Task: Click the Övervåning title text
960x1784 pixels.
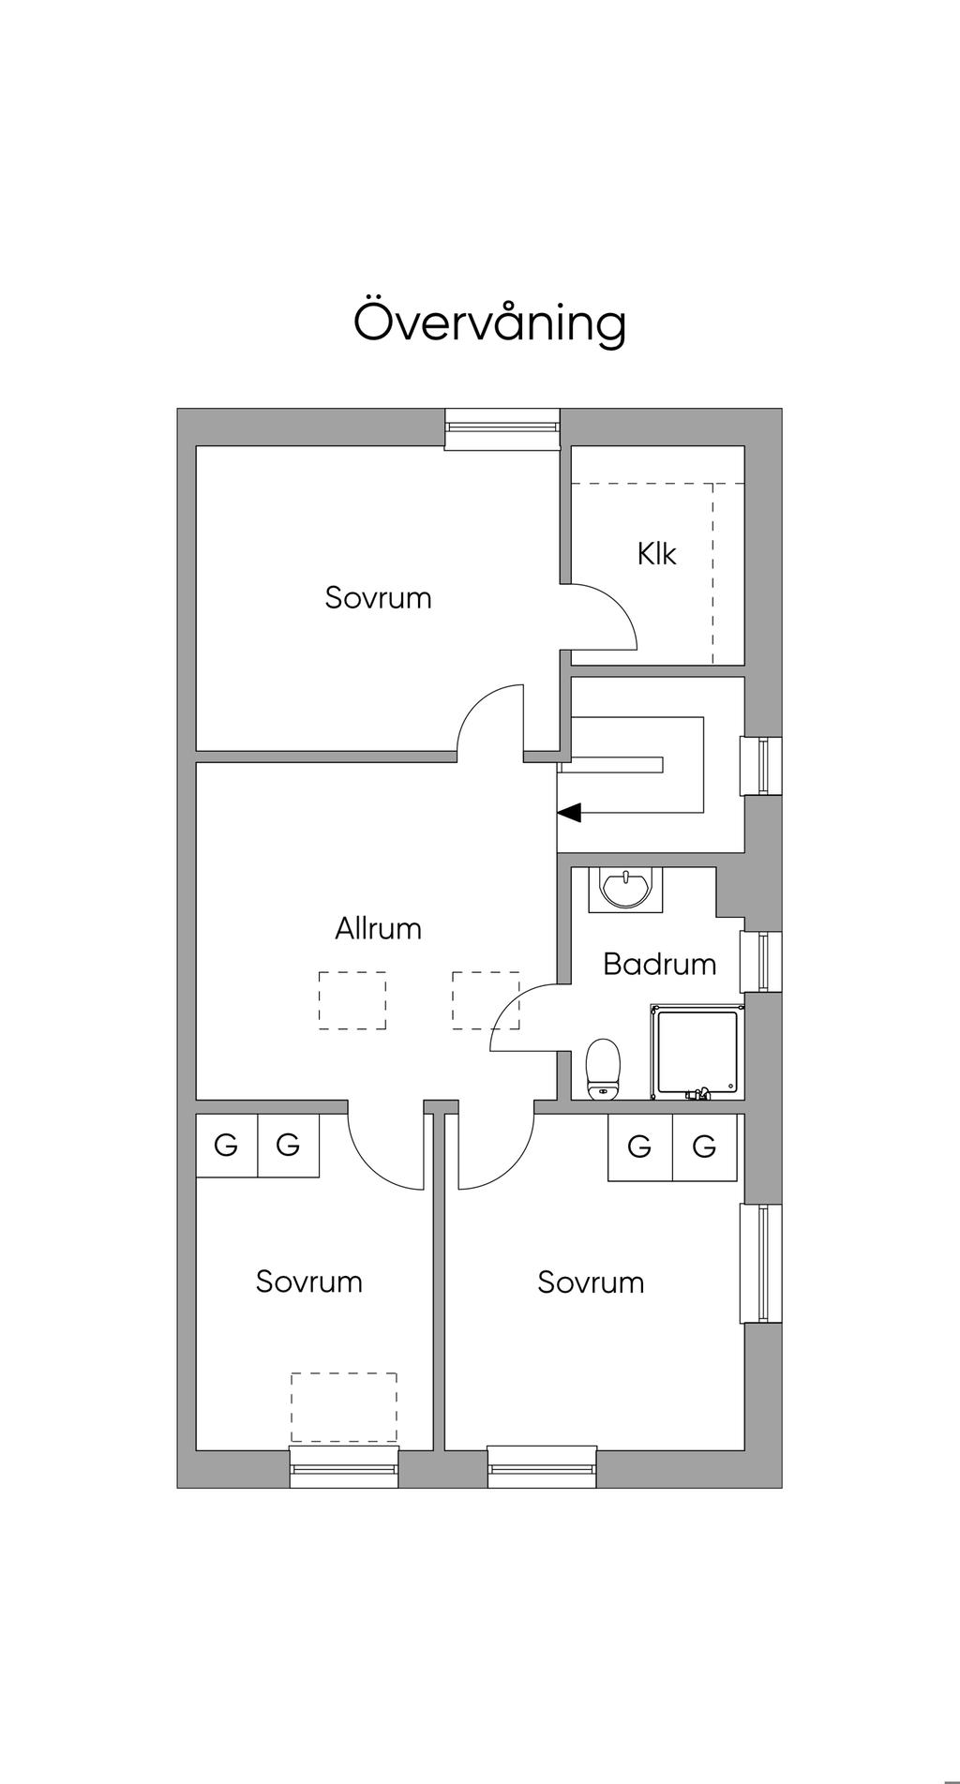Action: click(x=489, y=322)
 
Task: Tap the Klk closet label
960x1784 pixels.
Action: click(x=656, y=554)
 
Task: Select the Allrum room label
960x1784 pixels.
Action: click(x=379, y=929)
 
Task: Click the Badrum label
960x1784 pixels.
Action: click(x=659, y=964)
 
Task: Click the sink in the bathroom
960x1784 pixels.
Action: click(x=623, y=888)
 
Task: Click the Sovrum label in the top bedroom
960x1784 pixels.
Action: click(x=378, y=597)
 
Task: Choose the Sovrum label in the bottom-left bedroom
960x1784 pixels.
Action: click(x=308, y=1282)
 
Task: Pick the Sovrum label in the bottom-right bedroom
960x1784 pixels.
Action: click(x=591, y=1282)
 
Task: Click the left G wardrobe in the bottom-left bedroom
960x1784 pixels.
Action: click(x=226, y=1145)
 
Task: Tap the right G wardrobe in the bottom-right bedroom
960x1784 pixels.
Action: click(x=704, y=1146)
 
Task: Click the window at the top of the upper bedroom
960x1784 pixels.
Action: click(x=502, y=427)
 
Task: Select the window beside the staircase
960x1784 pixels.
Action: click(x=763, y=766)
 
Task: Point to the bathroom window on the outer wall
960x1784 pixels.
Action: click(x=763, y=962)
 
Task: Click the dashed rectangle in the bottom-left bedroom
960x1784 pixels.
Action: click(x=343, y=1407)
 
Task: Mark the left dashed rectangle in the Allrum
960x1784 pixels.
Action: click(x=352, y=1000)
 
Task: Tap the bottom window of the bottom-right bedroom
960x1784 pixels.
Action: click(x=542, y=1466)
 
